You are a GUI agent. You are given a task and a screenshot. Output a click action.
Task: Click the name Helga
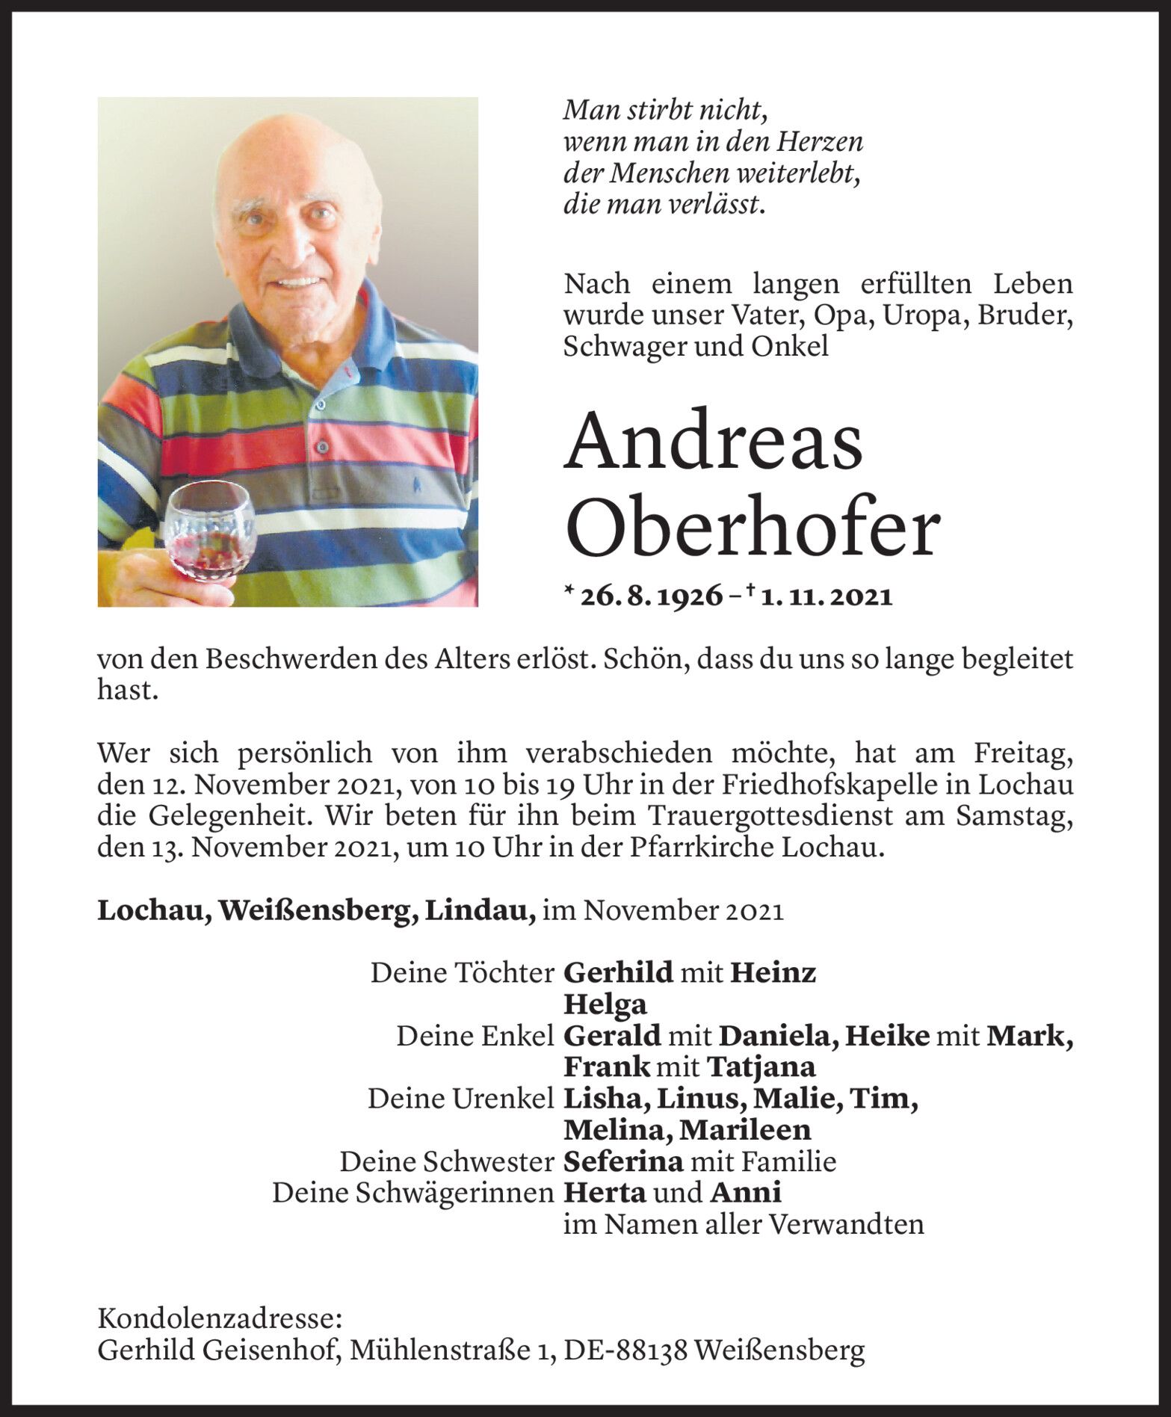click(x=605, y=1004)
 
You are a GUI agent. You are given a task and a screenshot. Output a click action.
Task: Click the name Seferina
click(x=623, y=1161)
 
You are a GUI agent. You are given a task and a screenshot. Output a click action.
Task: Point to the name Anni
click(x=745, y=1193)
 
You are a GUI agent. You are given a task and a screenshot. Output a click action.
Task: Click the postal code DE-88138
click(x=626, y=1350)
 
